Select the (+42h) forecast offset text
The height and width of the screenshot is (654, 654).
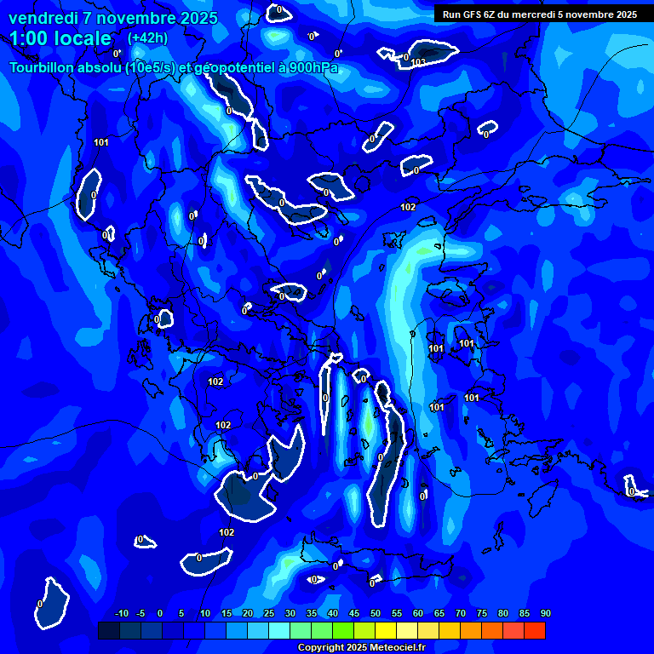pos(147,38)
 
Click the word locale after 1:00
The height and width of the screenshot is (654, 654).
pos(80,38)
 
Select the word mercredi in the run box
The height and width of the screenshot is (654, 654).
pos(556,14)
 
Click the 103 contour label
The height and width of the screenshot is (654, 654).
pos(418,63)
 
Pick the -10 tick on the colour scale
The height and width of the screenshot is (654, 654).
pos(121,613)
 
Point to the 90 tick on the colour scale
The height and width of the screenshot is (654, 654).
pos(545,613)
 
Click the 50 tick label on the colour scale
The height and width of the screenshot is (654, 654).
pos(375,613)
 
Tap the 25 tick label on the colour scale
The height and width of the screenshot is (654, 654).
pos(268,613)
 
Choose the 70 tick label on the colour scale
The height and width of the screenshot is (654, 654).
pos(460,613)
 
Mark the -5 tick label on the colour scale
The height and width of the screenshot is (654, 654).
pos(141,613)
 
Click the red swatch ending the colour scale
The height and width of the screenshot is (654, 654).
pos(534,630)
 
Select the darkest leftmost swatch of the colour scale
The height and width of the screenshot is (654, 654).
pos(108,630)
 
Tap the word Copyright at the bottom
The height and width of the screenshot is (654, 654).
pos(321,648)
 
